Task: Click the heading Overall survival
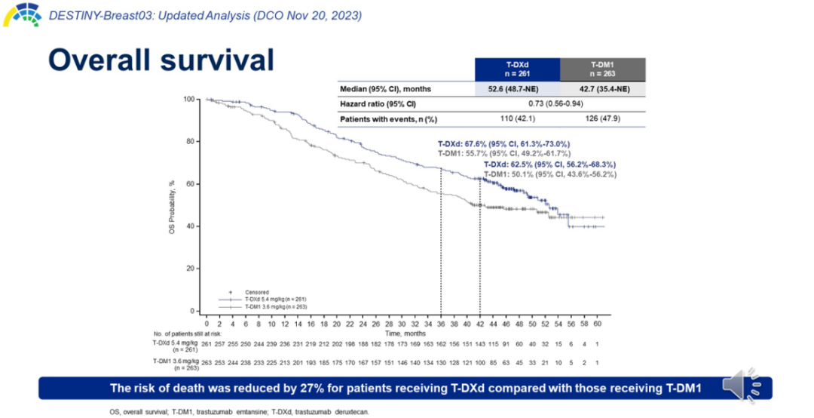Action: (161, 60)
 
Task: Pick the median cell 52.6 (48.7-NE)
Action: (517, 89)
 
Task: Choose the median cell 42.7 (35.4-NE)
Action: (602, 89)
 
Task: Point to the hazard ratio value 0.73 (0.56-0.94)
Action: (560, 103)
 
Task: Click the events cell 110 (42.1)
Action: (517, 118)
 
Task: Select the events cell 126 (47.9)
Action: (602, 118)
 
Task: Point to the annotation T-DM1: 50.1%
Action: (549, 174)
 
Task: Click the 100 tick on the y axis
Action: (189, 99)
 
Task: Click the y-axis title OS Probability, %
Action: (173, 205)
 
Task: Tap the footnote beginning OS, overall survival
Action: (239, 411)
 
